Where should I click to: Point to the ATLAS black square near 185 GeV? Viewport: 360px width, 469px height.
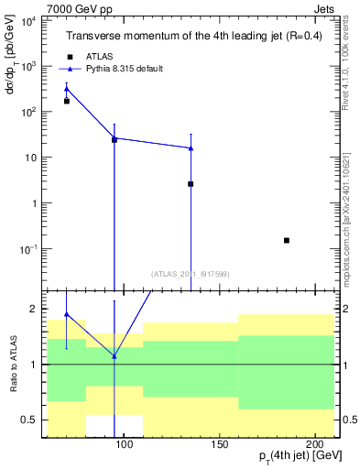287,240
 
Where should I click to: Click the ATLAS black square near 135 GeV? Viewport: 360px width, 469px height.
191,184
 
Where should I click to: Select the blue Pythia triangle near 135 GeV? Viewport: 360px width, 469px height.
191,147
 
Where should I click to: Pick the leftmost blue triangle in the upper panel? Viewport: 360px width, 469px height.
66,89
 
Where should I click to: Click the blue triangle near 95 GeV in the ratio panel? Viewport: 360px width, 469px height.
114,356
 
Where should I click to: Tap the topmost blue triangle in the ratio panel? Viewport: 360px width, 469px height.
66,314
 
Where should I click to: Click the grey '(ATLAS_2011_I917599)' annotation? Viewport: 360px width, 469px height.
191,273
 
